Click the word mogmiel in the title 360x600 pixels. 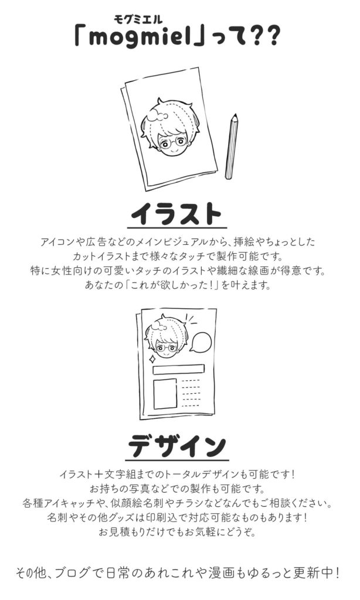[140, 37]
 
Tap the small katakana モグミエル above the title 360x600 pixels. [138, 19]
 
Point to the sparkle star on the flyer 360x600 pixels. [152, 359]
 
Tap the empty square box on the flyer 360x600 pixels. [165, 394]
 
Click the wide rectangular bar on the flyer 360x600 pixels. [178, 369]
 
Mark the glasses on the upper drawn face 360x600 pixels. [173, 144]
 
